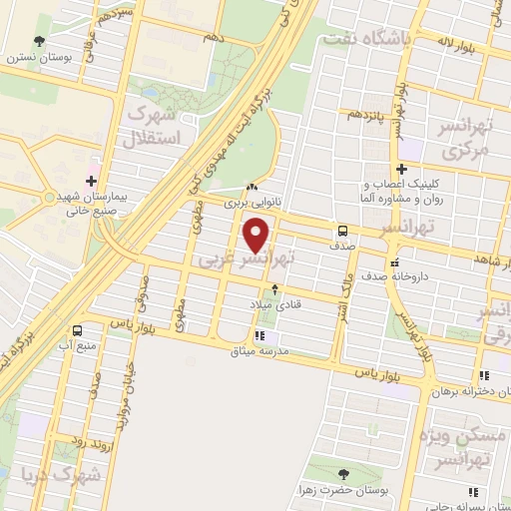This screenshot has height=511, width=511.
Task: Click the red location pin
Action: click(257, 235)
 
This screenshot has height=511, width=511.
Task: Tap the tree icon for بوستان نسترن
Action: click(39, 41)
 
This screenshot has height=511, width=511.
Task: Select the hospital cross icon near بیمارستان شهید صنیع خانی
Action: click(91, 181)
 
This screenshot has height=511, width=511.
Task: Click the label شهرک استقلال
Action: click(154, 126)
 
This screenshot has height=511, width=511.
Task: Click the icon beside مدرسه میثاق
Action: click(260, 336)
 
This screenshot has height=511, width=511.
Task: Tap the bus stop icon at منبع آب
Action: click(77, 330)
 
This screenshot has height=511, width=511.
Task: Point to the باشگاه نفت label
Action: click(360, 40)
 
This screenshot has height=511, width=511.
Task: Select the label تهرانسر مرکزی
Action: click(467, 141)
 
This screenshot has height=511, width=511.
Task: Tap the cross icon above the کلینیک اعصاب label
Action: click(401, 168)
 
